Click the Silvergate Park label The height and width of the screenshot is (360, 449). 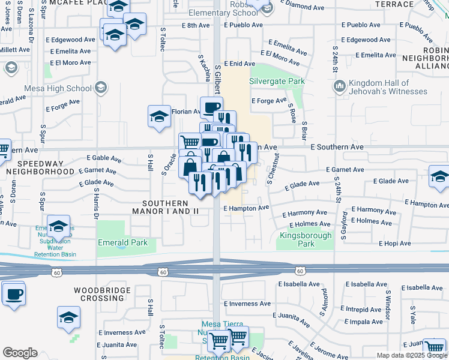coord(277,81)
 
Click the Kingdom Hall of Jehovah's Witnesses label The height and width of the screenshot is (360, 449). coord(388,87)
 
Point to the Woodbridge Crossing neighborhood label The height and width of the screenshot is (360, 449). coord(99,294)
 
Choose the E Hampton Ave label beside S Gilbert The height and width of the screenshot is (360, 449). coord(246,208)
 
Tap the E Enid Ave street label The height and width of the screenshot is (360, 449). coord(240,64)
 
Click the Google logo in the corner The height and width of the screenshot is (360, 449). coord(20,353)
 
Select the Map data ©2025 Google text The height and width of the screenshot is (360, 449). coord(411,355)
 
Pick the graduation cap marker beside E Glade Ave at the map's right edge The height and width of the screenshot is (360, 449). coord(439,176)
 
